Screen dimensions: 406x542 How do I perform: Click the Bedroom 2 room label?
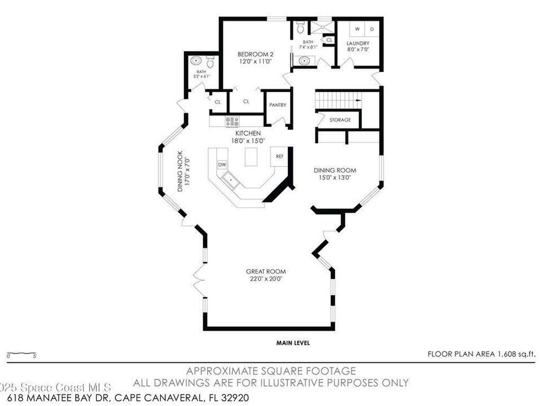point(255,54)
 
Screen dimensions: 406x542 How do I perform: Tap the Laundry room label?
point(358,43)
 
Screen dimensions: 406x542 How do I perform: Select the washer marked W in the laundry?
point(357,29)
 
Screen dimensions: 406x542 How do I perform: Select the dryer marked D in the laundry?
point(372,29)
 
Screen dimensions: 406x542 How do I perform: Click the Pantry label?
point(277,105)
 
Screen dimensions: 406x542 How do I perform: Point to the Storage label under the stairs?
point(340,120)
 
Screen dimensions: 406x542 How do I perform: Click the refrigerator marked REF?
point(279,156)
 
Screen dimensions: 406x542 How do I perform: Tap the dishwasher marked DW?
point(222,165)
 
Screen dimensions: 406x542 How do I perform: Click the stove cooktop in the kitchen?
point(232,122)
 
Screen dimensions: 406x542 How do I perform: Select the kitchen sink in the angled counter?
point(231,180)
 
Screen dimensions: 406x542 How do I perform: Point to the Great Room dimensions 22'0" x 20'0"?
point(269,279)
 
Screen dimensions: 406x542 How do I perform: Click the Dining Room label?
point(335,170)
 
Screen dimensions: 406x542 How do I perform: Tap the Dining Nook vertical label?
point(180,172)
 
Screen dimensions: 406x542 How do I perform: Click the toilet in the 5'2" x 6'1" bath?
point(210,63)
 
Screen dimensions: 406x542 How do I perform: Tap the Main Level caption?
point(293,343)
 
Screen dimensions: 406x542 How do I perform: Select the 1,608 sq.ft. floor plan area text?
point(482,354)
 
